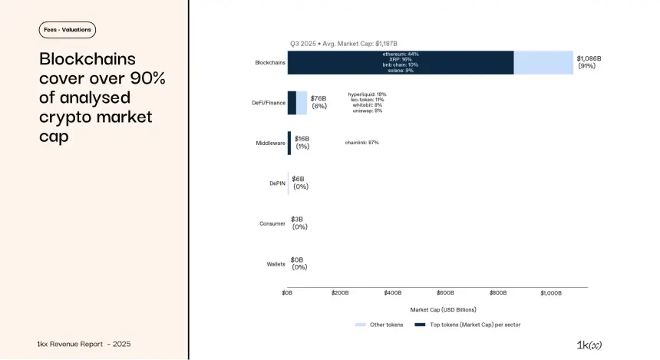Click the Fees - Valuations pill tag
click(68, 30)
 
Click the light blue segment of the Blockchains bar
click(543, 62)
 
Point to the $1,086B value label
click(589, 58)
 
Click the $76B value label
click(318, 98)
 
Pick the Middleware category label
click(270, 143)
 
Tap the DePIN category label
click(277, 183)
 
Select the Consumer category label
click(272, 224)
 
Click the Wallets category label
click(276, 264)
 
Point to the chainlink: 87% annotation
click(362, 143)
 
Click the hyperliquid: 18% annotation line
click(367, 94)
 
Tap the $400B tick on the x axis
click(392, 293)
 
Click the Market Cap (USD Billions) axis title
click(443, 309)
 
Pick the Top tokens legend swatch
click(420, 325)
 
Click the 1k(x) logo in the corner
click(589, 345)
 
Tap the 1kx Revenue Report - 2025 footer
click(88, 344)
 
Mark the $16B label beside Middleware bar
click(302, 139)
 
